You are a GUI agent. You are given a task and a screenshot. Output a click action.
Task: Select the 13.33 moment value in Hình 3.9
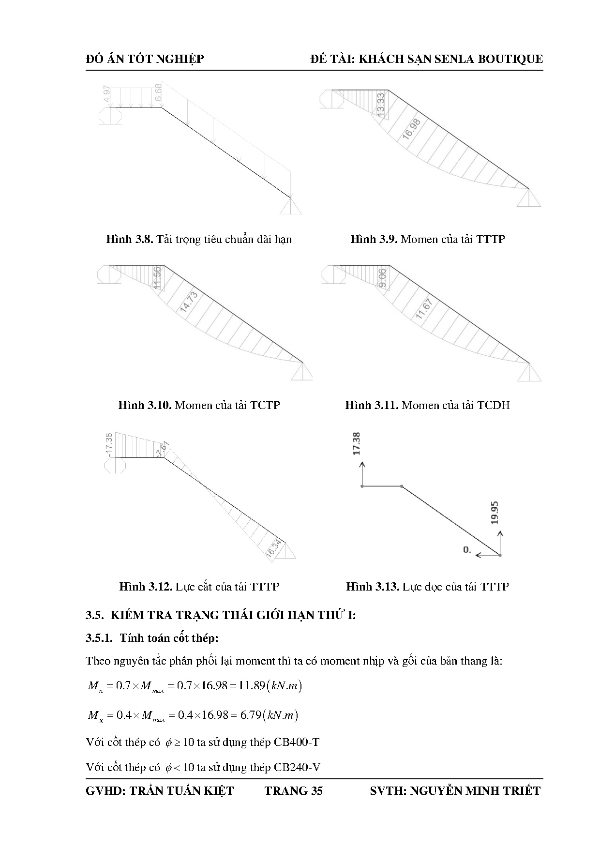click(x=381, y=104)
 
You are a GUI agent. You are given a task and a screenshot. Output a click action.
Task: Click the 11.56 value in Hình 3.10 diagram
click(x=157, y=278)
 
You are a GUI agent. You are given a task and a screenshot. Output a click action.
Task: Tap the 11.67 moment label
click(x=424, y=309)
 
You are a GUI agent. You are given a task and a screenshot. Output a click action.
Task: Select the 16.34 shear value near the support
click(x=274, y=548)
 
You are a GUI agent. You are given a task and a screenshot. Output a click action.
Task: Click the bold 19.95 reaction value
click(x=494, y=513)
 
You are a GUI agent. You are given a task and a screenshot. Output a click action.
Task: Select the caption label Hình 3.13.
click(x=372, y=587)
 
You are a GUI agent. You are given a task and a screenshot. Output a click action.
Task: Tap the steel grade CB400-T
click(x=297, y=742)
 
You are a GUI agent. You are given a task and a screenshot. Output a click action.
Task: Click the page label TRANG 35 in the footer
click(x=293, y=791)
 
